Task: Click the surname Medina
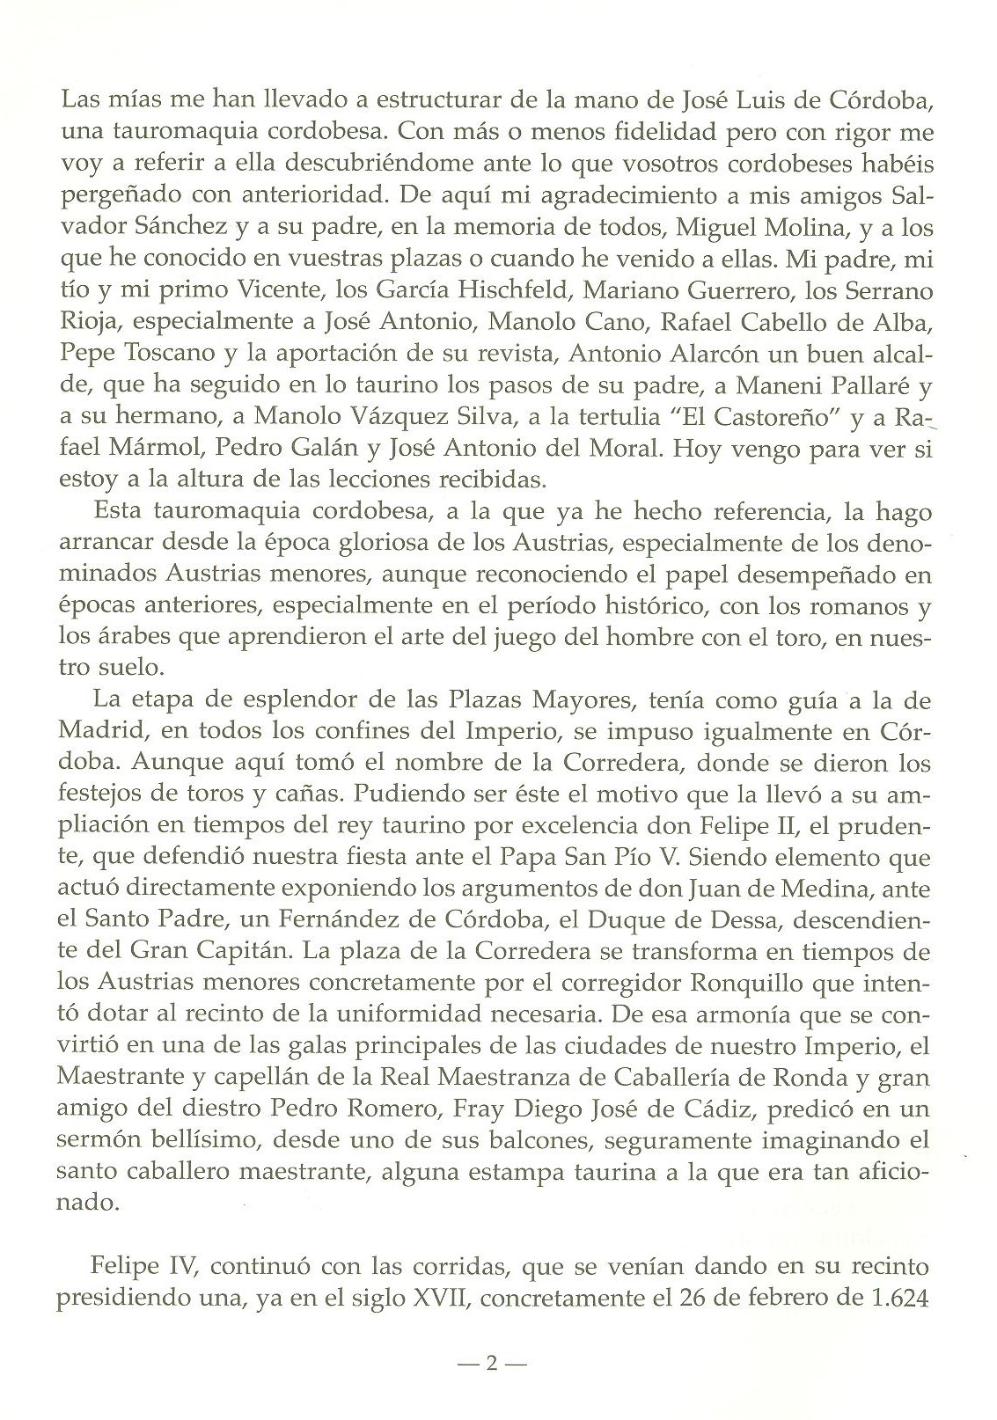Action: pyautogui.click(x=824, y=889)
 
